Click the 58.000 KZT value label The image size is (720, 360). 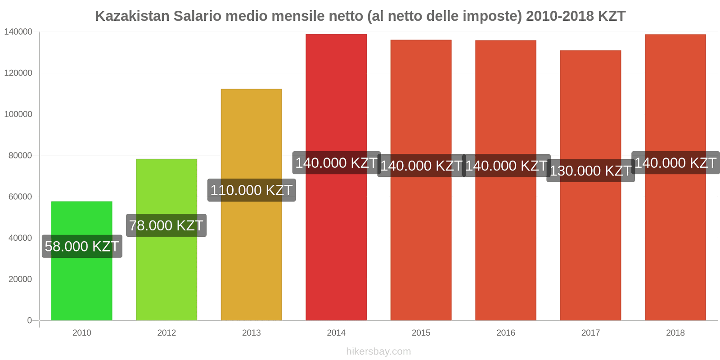pyautogui.click(x=82, y=247)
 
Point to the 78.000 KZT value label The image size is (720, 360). pyautogui.click(x=166, y=225)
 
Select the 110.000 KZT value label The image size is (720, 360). pyautogui.click(x=252, y=190)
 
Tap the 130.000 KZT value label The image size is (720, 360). pyautogui.click(x=590, y=171)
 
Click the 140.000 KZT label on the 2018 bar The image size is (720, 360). pyautogui.click(x=675, y=163)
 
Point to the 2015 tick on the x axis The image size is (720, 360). pyautogui.click(x=421, y=333)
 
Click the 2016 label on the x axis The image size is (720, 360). pyautogui.click(x=506, y=333)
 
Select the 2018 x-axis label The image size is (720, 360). pyautogui.click(x=675, y=333)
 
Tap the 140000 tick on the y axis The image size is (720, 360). pyautogui.click(x=18, y=32)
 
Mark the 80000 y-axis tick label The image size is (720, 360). pyautogui.click(x=20, y=156)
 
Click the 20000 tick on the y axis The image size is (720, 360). pyautogui.click(x=20, y=279)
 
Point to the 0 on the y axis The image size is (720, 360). pyautogui.click(x=29, y=320)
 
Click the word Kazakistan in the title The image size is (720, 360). pyautogui.click(x=132, y=16)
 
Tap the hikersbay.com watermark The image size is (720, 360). pyautogui.click(x=378, y=351)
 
